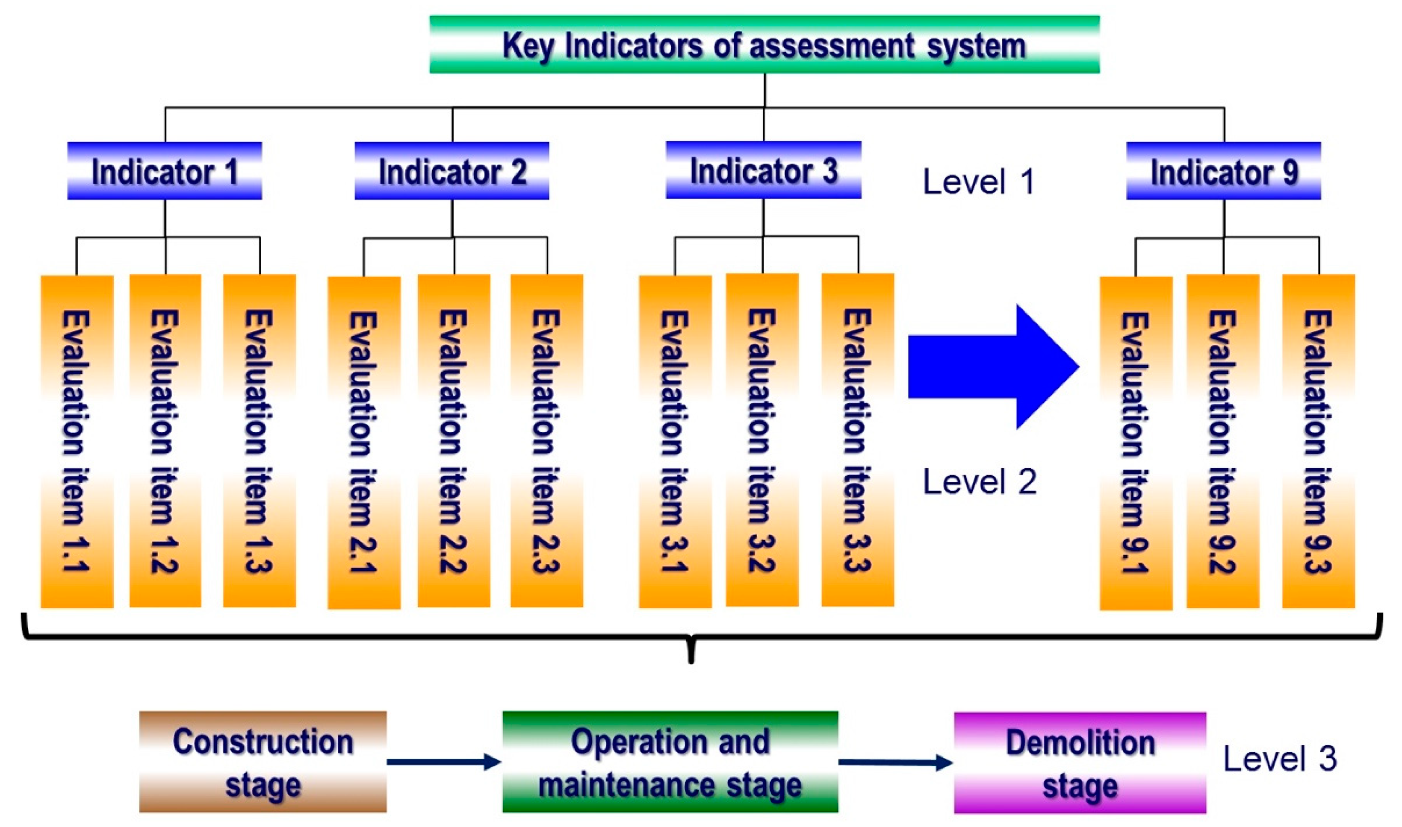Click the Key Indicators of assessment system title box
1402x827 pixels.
[764, 44]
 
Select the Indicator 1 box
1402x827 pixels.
[165, 171]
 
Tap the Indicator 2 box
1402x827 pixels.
[452, 171]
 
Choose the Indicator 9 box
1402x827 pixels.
[1224, 171]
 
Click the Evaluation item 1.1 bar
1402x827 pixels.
[77, 441]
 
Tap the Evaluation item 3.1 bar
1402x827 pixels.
[675, 441]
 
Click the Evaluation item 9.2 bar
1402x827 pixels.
[1222, 441]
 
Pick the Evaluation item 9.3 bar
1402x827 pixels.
[1318, 441]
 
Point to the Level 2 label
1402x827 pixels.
[980, 481]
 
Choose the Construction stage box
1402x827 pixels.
[263, 762]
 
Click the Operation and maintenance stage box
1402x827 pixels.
[670, 762]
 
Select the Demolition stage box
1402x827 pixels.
[1080, 762]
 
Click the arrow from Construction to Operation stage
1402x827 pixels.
[444, 762]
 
